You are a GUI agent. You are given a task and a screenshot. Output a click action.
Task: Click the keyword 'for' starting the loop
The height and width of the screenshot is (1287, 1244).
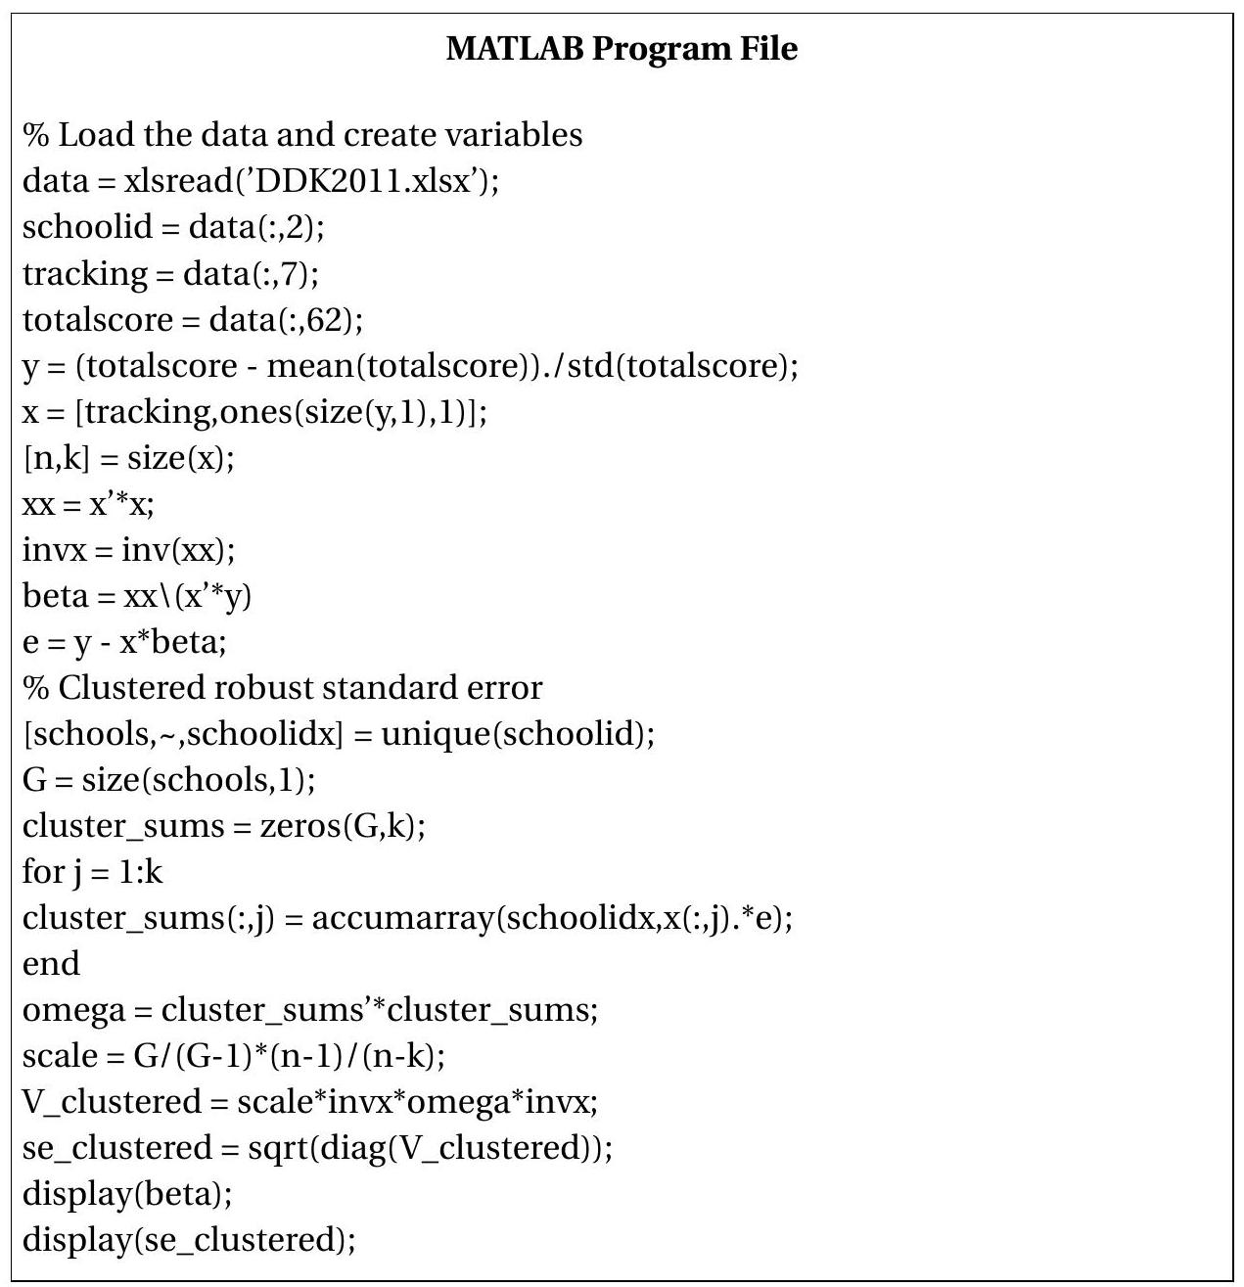[x=40, y=871]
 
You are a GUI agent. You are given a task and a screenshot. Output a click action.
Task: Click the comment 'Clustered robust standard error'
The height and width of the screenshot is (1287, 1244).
[x=299, y=687]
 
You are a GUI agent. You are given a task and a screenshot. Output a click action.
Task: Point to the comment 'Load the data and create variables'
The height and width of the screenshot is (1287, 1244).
[x=320, y=134]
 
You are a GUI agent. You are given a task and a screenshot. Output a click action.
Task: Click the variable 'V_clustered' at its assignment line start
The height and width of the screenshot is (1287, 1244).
[x=112, y=1102]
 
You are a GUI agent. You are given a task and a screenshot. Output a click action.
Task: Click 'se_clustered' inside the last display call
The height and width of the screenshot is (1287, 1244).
[x=245, y=1241]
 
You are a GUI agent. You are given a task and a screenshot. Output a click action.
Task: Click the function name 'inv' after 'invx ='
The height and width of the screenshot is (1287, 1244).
[x=144, y=550]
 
